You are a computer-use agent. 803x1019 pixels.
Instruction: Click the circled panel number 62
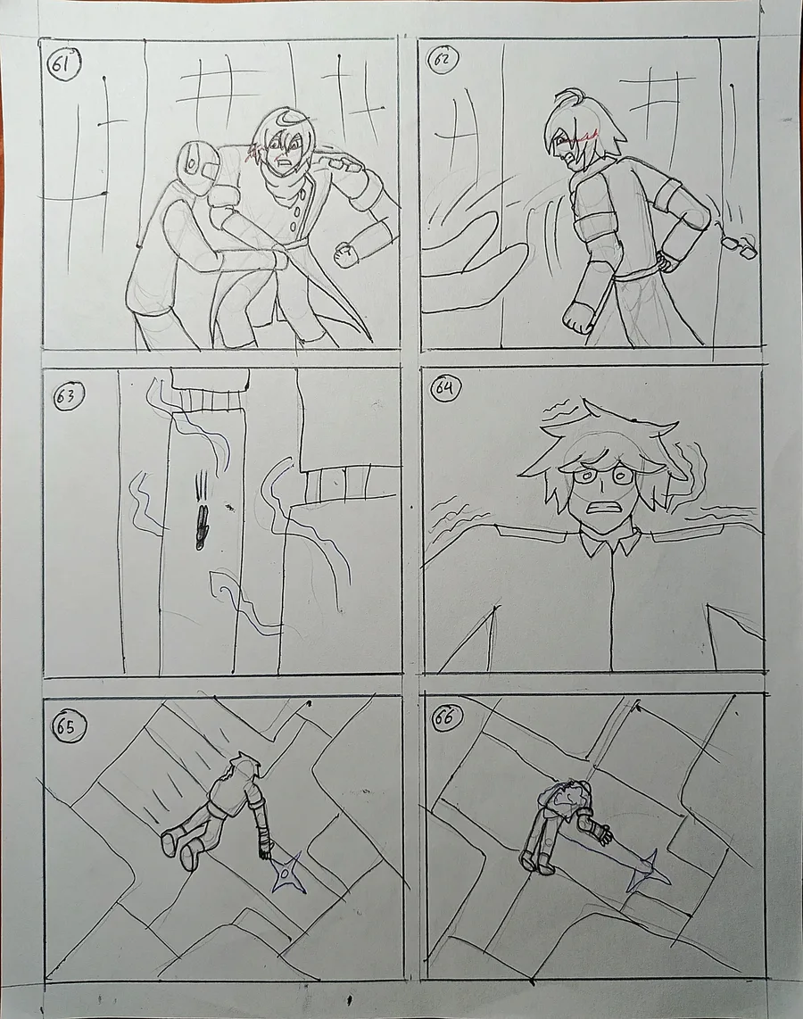444,61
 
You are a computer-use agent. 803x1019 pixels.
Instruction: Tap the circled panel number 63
66,397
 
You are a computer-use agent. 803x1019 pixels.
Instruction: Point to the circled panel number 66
446,719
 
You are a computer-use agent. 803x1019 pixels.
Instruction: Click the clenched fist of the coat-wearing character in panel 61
345,253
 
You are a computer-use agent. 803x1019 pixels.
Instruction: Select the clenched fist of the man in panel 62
575,316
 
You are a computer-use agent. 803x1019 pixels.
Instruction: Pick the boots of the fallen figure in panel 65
181,847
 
